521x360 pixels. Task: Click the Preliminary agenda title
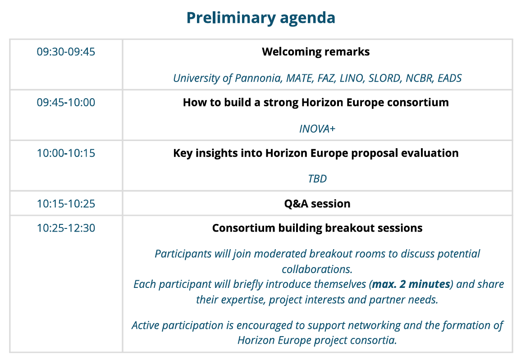[x=260, y=18]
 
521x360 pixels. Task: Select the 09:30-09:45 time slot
[x=66, y=52]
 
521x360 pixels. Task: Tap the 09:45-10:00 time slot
[x=66, y=102]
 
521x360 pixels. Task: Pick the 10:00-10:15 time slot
[x=66, y=153]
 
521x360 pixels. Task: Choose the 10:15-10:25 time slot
[x=66, y=204]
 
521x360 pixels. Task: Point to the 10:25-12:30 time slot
[x=66, y=228]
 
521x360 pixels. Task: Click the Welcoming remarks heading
[x=315, y=52]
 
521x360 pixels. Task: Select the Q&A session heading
[x=317, y=204]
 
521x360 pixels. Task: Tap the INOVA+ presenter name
[x=317, y=129]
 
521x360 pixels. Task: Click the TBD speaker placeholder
[x=317, y=179]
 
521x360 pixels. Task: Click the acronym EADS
[x=449, y=78]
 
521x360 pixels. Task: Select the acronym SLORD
[x=385, y=78]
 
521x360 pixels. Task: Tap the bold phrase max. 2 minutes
[x=411, y=284]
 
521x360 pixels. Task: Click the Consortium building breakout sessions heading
[x=317, y=228]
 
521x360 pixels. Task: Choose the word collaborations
[x=317, y=269]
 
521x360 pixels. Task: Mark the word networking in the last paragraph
[x=354, y=325]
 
